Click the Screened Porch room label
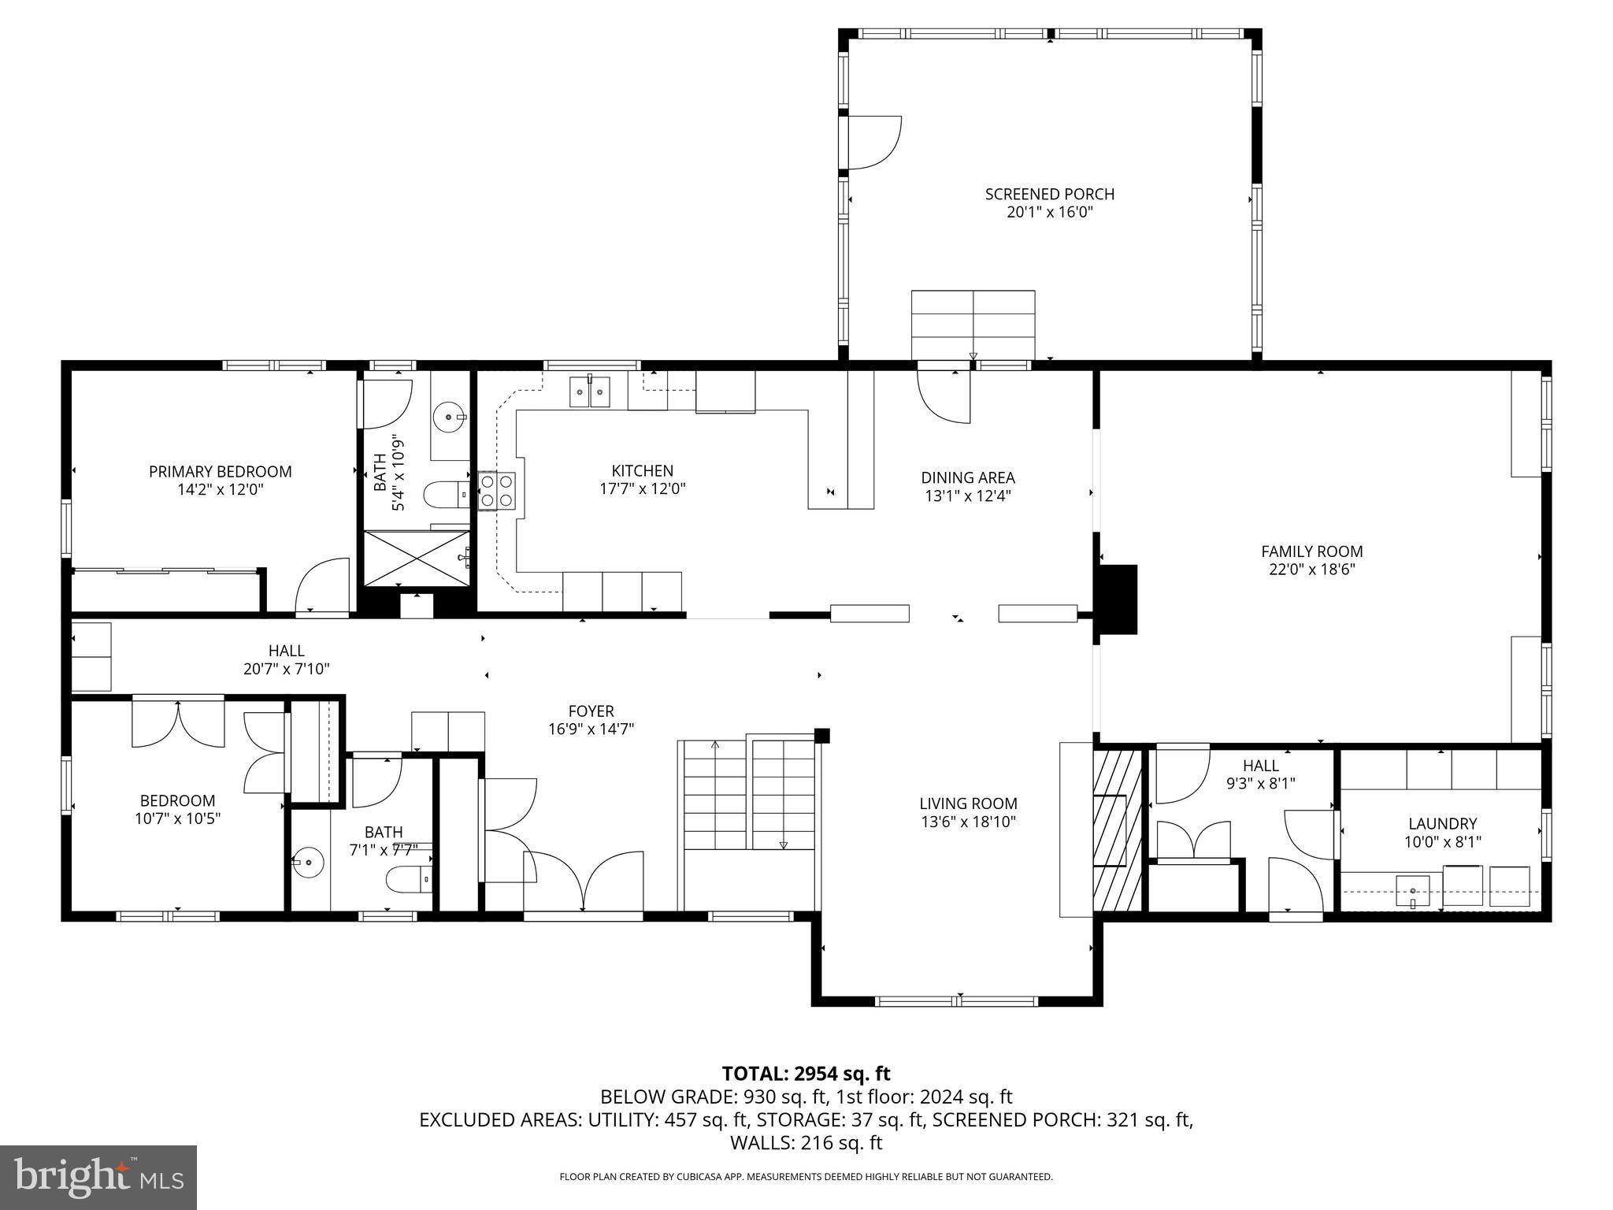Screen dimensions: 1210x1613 coord(1049,194)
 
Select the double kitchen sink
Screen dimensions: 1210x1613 coord(590,392)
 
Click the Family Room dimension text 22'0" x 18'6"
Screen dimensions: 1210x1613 coord(1311,569)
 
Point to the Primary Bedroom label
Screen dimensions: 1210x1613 coord(220,471)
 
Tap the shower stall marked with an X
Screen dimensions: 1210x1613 coord(416,558)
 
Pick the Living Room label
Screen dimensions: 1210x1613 coord(968,804)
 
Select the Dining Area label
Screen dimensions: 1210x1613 coord(968,477)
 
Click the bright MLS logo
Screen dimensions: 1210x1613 coord(98,1177)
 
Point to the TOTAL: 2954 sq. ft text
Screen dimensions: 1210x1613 coord(806,1073)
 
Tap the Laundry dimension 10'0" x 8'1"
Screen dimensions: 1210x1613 coord(1442,841)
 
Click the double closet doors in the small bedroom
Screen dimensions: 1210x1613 coord(179,723)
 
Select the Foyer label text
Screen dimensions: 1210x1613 coord(591,711)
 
